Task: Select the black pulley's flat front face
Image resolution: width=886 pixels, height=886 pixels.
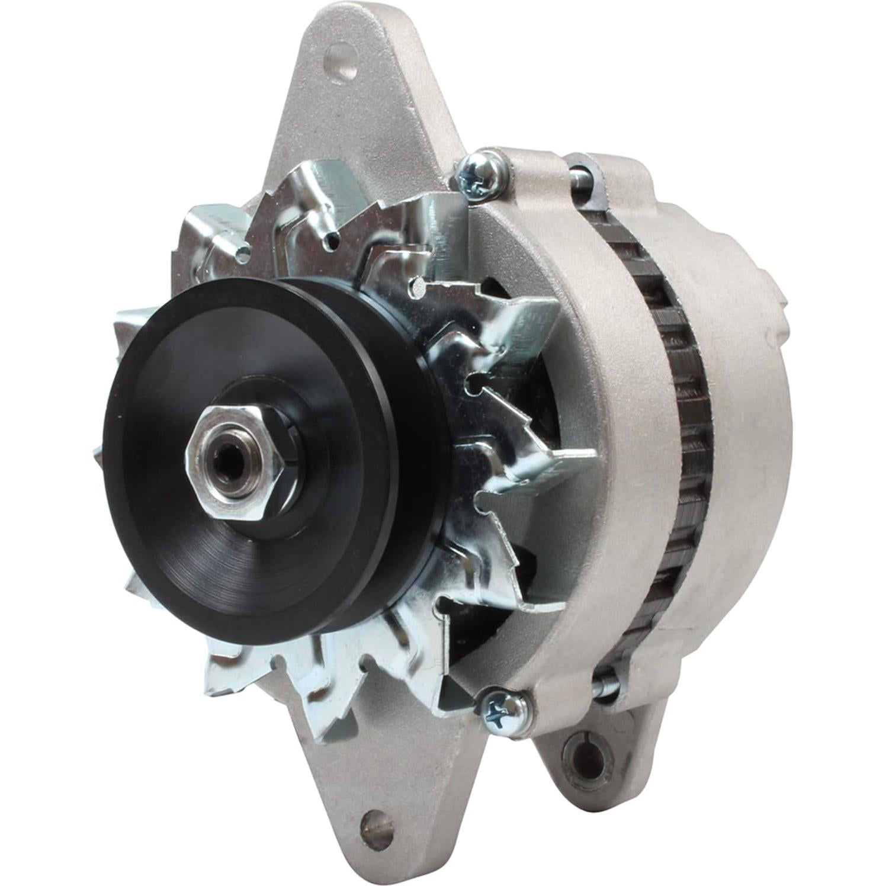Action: [x=178, y=379]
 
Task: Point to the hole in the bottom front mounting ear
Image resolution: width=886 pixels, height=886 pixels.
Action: [x=372, y=822]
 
